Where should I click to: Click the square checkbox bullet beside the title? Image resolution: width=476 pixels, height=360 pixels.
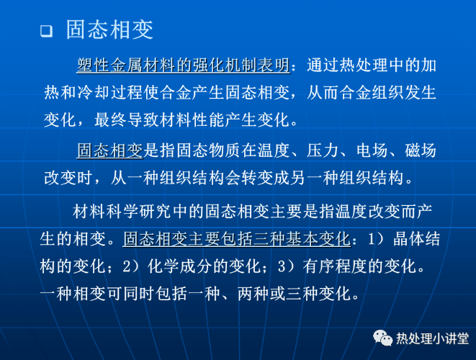pyautogui.click(x=46, y=31)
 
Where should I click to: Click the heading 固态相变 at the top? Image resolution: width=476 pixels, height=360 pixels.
pyautogui.click(x=109, y=30)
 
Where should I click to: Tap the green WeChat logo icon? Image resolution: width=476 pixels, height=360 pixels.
pyautogui.click(x=382, y=338)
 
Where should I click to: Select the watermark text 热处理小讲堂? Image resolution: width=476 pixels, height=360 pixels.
pyautogui.click(x=432, y=338)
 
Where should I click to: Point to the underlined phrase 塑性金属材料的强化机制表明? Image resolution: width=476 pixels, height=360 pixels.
pyautogui.click(x=184, y=66)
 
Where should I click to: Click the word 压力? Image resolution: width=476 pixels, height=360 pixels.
pyautogui.click(x=323, y=150)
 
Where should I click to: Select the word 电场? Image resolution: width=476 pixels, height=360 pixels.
pyautogui.click(x=372, y=150)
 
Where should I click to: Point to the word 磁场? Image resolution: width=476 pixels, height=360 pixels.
pyautogui.click(x=421, y=150)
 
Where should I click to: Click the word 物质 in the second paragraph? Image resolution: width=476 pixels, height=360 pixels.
pyautogui.click(x=225, y=150)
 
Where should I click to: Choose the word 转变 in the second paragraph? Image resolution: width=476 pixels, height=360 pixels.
pyautogui.click(x=257, y=178)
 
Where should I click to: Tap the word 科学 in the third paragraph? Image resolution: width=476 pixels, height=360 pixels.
pyautogui.click(x=122, y=211)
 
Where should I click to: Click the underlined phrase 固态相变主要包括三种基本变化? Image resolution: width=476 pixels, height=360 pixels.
pyautogui.click(x=237, y=239)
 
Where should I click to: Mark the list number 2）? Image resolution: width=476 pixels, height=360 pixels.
pyautogui.click(x=131, y=266)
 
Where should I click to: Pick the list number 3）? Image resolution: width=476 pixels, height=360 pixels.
pyautogui.click(x=287, y=266)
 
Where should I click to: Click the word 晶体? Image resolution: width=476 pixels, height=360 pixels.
pyautogui.click(x=408, y=239)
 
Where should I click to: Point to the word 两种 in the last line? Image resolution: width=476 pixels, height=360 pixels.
pyautogui.click(x=253, y=294)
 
